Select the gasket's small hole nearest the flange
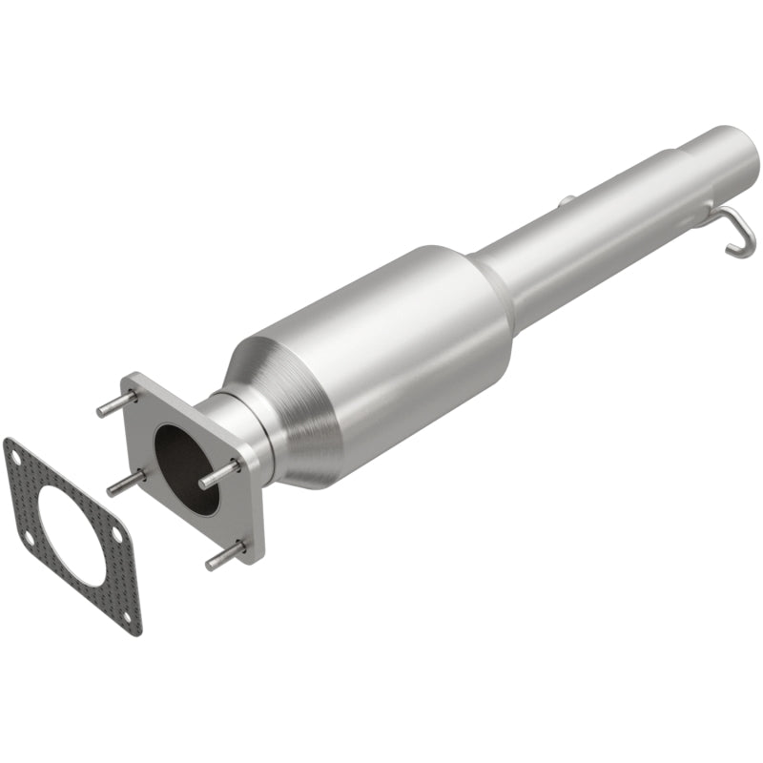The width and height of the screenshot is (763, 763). click(116, 536)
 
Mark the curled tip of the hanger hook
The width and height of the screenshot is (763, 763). click(737, 250)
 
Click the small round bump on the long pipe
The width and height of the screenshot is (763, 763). click(566, 201)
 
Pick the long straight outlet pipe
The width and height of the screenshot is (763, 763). click(591, 229)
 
